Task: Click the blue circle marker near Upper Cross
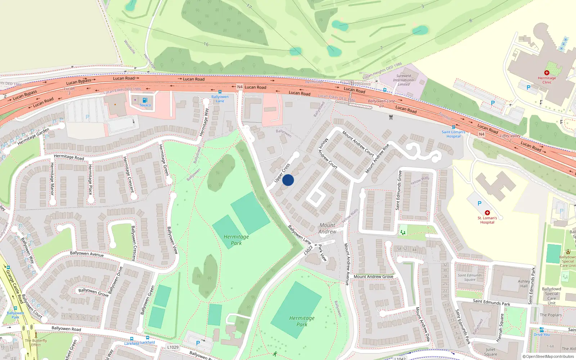(x=288, y=180)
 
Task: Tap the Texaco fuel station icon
(x=145, y=100)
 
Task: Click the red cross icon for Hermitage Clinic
(x=547, y=73)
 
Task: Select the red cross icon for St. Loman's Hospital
(x=487, y=213)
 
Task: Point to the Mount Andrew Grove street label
(x=373, y=276)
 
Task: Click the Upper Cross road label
(x=282, y=173)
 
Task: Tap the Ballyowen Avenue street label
(x=87, y=254)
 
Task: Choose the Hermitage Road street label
(x=69, y=157)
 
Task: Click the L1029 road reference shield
(x=173, y=347)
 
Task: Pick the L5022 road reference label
(x=308, y=250)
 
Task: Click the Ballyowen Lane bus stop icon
(x=220, y=92)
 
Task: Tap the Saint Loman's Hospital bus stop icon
(x=453, y=127)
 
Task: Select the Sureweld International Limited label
(x=404, y=80)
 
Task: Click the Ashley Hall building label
(x=524, y=284)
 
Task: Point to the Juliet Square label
(x=490, y=352)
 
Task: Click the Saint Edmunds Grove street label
(x=398, y=190)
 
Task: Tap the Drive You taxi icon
(x=541, y=330)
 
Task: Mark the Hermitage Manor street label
(x=52, y=179)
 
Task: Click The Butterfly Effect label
(x=36, y=342)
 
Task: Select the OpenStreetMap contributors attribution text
(x=548, y=356)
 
